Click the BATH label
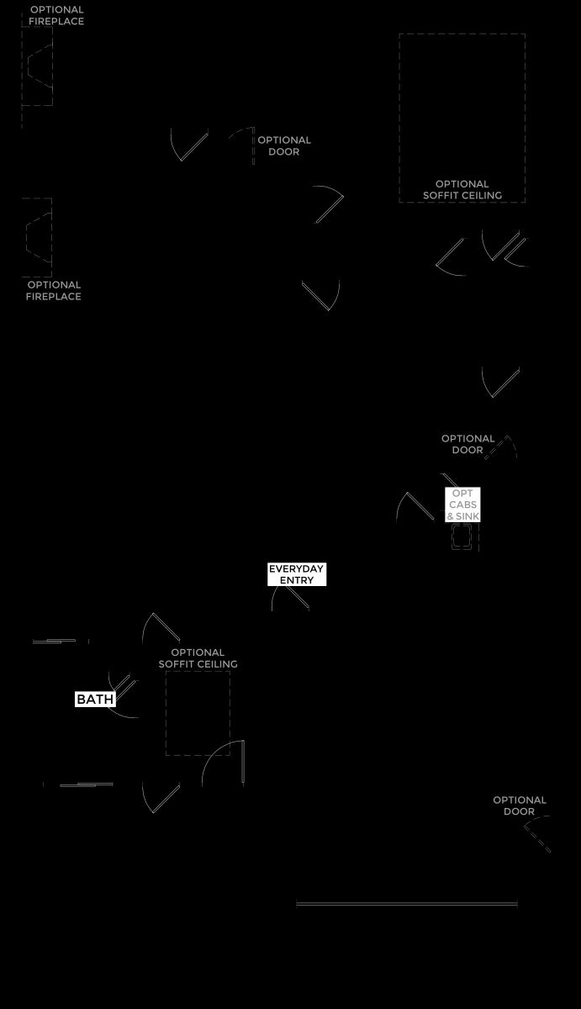(x=95, y=699)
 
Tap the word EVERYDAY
(x=296, y=569)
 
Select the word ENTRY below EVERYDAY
(x=296, y=580)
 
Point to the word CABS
(x=462, y=504)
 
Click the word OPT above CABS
(x=462, y=494)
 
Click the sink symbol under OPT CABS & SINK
(x=462, y=536)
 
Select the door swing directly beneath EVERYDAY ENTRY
(x=291, y=598)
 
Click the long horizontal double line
(x=407, y=904)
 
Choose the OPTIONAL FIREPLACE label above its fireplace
(x=56, y=15)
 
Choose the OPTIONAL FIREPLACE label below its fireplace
(x=54, y=291)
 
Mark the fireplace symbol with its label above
(x=37, y=66)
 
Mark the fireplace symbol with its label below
(x=37, y=237)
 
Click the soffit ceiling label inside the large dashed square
(x=462, y=190)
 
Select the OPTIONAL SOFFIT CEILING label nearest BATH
(x=198, y=658)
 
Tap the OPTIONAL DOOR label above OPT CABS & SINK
(x=467, y=444)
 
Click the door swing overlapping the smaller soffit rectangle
(x=224, y=763)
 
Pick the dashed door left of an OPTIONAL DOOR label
(x=242, y=145)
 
